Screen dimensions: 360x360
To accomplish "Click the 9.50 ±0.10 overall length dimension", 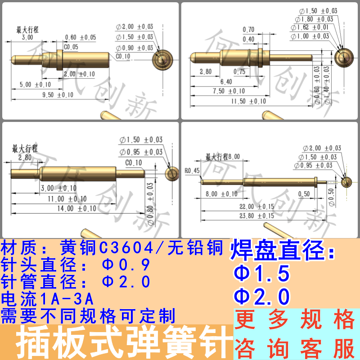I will click(x=57, y=95).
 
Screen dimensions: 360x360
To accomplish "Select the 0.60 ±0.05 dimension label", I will click(x=81, y=37).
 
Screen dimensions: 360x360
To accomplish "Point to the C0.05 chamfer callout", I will click(x=71, y=46).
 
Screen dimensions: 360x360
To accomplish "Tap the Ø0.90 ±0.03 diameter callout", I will click(x=135, y=48).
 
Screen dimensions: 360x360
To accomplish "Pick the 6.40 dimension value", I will click(x=226, y=81).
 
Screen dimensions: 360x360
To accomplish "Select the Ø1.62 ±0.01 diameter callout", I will click(x=314, y=27).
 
